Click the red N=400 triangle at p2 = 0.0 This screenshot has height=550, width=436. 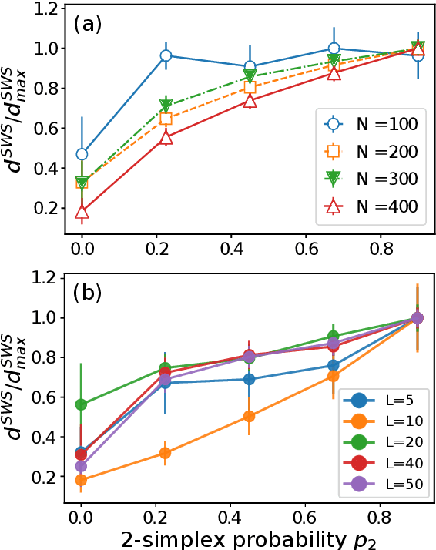click(82, 212)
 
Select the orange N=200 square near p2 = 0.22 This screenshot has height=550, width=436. click(166, 119)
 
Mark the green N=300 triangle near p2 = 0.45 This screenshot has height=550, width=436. click(250, 75)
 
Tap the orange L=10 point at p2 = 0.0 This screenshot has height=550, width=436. click(82, 480)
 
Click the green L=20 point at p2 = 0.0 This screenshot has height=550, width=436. click(82, 404)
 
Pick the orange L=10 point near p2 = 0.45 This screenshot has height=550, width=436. click(250, 416)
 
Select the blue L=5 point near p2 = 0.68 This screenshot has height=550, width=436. click(334, 366)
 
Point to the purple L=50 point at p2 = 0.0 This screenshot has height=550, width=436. click(82, 466)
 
